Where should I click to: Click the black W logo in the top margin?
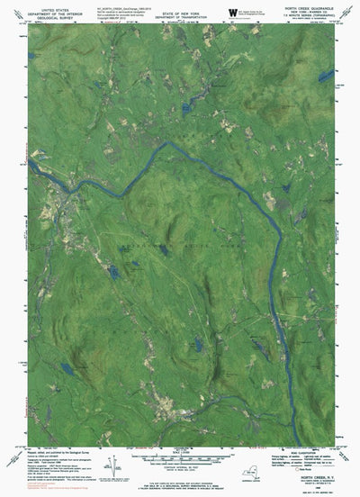tap(232, 11)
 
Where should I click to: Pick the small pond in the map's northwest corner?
tap(34, 56)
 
